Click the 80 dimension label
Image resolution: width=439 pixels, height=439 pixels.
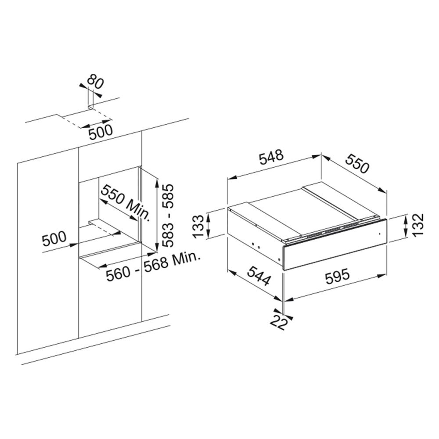pos(95,81)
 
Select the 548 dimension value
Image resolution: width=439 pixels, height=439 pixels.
pos(271,157)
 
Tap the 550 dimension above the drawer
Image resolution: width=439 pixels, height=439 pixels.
pos(357,163)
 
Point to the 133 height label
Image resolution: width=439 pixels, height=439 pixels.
pos(199,226)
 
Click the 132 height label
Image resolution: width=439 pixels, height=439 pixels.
pos(418,225)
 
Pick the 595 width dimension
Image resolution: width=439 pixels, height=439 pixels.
pos(337,276)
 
